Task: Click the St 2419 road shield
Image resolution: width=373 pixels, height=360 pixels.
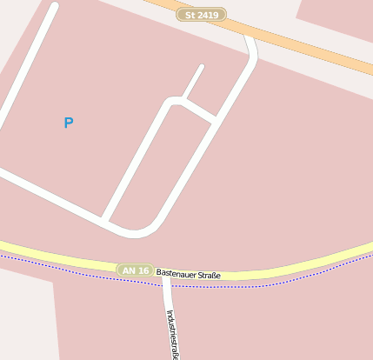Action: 201,15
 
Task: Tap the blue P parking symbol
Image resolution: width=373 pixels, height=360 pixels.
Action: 69,123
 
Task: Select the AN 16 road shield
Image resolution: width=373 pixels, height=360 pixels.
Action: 136,270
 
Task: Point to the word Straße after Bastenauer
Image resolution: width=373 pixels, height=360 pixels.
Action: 210,276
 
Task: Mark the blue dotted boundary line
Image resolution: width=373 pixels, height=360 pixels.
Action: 261,285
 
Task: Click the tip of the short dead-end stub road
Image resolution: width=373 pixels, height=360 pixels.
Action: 202,67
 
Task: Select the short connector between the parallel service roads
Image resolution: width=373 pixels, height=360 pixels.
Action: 199,111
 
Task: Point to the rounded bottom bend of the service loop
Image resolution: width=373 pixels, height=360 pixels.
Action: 135,232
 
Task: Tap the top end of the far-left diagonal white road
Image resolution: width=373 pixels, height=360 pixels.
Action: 54,8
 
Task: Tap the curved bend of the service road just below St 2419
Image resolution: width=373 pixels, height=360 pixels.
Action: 253,57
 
